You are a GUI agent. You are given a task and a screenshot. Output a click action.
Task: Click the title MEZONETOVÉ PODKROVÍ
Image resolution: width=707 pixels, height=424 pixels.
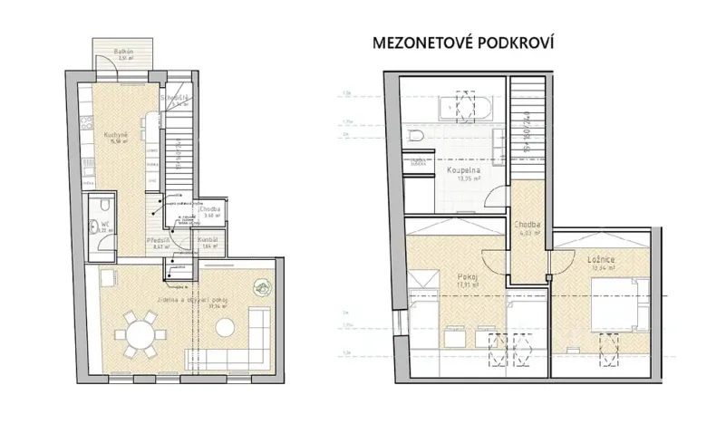coord(463,43)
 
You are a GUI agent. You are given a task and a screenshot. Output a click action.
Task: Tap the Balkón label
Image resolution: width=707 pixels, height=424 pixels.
coord(124,52)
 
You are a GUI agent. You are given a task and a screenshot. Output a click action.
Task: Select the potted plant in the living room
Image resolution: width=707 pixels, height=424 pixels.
coord(261,289)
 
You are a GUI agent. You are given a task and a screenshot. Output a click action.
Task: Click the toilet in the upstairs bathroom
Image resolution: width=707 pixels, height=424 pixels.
coord(415,137)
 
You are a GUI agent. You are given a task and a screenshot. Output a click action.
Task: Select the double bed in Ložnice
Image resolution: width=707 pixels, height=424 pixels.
coord(618,303)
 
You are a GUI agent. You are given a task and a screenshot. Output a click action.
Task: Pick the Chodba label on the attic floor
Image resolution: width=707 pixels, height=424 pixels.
coord(528,226)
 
